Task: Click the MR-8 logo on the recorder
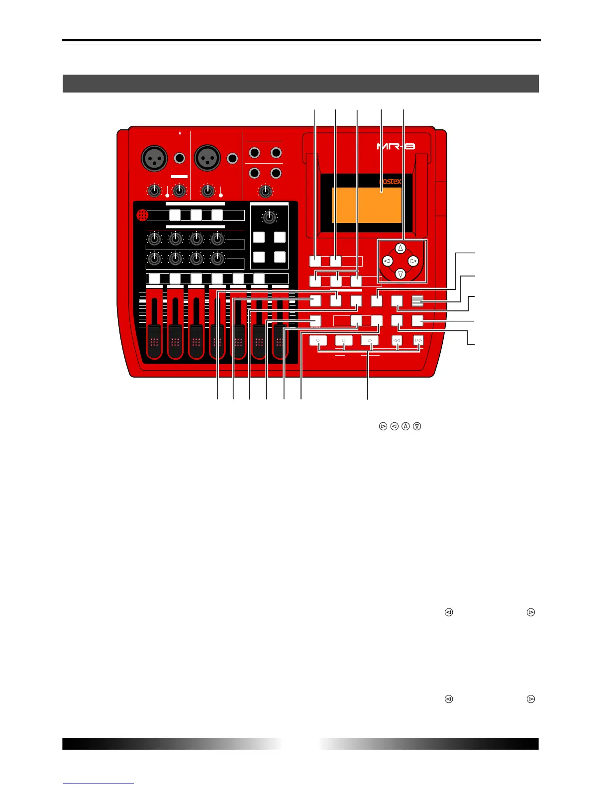pyautogui.click(x=396, y=146)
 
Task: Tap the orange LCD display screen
pyautogui.click(x=367, y=205)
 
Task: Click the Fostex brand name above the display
pyautogui.click(x=390, y=182)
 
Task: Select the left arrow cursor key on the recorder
pyautogui.click(x=388, y=261)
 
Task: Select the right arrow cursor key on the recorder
pyautogui.click(x=413, y=261)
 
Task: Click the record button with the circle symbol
pyautogui.click(x=317, y=340)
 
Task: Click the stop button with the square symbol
pyautogui.click(x=343, y=340)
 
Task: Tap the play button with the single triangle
pyautogui.click(x=369, y=340)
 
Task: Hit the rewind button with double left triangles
pyautogui.click(x=397, y=340)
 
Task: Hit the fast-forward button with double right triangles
pyautogui.click(x=418, y=340)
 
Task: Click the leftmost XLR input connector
pyautogui.click(x=154, y=159)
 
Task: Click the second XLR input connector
pyautogui.click(x=206, y=159)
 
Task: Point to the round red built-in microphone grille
pyautogui.click(x=142, y=215)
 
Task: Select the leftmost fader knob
pyautogui.click(x=154, y=341)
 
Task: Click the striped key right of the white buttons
pyautogui.click(x=418, y=300)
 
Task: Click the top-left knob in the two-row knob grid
pyautogui.click(x=155, y=239)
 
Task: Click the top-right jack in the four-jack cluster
pyautogui.click(x=276, y=153)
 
